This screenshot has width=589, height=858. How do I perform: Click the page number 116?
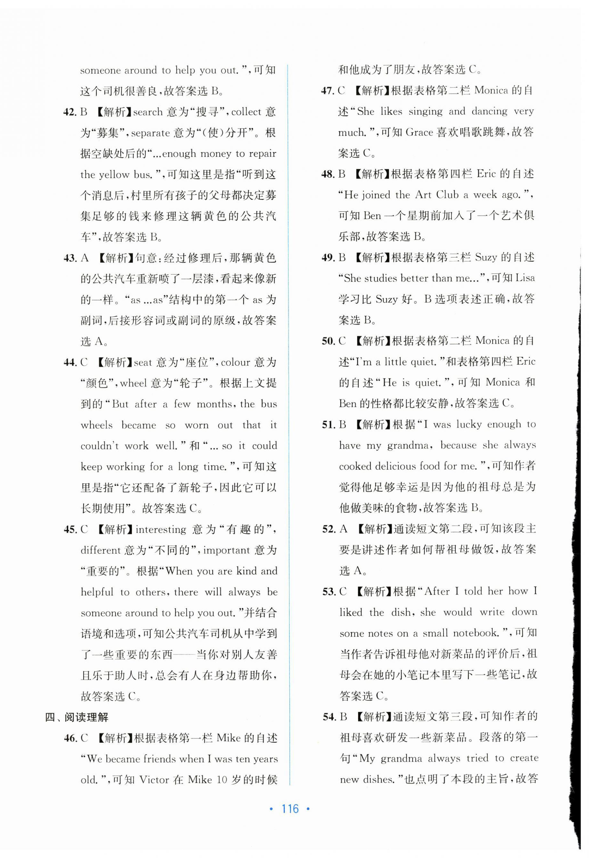290,809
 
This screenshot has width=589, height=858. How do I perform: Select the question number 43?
70,258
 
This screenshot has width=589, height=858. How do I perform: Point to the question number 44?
70,363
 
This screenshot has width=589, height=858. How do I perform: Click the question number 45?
70,530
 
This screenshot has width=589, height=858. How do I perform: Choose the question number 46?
70,738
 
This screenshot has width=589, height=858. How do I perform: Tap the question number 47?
328,91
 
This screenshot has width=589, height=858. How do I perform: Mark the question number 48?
328,174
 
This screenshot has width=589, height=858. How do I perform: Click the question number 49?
328,257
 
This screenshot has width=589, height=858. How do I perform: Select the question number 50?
328,341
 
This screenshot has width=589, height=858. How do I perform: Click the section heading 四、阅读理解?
76,717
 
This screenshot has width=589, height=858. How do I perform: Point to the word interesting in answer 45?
161,530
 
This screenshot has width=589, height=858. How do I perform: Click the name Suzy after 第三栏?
486,257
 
